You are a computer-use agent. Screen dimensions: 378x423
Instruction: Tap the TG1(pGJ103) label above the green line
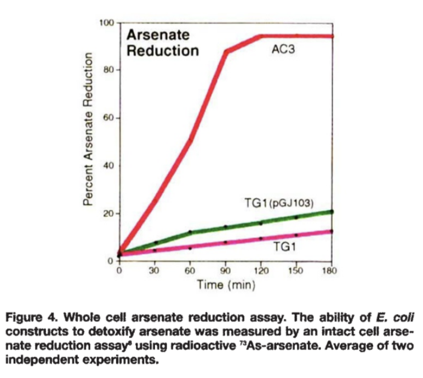(x=279, y=203)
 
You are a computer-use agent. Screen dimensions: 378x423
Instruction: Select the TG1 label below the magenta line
(x=284, y=247)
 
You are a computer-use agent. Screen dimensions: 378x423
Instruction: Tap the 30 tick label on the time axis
(x=155, y=270)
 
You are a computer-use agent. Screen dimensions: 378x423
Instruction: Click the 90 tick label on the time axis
(x=225, y=270)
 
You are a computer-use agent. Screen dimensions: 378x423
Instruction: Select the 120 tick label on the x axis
(x=261, y=270)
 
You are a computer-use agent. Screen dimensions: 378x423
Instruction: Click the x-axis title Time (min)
(x=225, y=284)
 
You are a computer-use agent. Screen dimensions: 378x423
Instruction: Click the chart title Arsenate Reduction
(x=162, y=43)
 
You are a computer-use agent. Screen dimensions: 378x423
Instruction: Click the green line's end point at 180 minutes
(x=331, y=211)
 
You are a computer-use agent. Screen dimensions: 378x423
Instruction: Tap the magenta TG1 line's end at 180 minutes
(x=331, y=231)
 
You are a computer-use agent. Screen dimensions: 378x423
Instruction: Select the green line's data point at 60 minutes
(x=190, y=232)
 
